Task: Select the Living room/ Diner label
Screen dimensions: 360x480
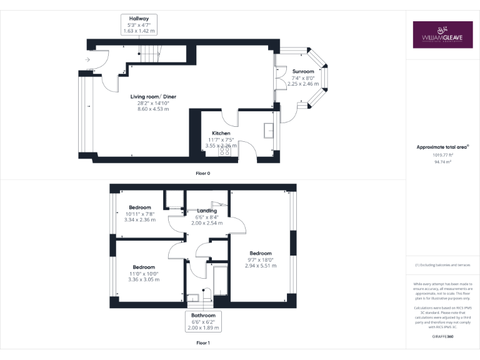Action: click(x=153, y=97)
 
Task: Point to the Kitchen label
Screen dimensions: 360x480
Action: click(x=221, y=133)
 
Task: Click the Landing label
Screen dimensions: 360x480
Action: click(x=207, y=211)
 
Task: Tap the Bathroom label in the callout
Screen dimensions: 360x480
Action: click(x=204, y=316)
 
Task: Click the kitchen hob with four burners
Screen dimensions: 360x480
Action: click(x=223, y=151)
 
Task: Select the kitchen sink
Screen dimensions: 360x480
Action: click(x=269, y=129)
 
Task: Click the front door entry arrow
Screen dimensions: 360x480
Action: click(x=87, y=60)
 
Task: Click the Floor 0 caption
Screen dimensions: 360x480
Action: click(x=203, y=173)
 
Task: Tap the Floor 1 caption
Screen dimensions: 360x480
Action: click(x=203, y=343)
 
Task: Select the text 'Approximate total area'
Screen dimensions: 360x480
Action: click(x=441, y=147)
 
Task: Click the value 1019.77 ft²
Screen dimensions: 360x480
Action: click(x=443, y=154)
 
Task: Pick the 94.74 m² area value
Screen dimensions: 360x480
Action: click(x=443, y=161)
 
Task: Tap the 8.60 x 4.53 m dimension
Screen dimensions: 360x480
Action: click(x=153, y=109)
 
